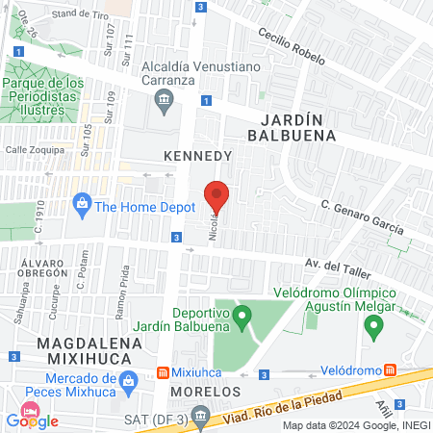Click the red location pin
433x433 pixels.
click(216, 195)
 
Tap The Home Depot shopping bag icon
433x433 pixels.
click(83, 205)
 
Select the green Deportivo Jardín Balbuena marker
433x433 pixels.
click(242, 314)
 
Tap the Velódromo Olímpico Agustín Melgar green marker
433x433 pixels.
click(372, 328)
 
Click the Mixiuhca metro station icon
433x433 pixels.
click(164, 371)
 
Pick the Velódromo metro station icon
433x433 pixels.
click(390, 369)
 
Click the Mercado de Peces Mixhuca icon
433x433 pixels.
click(124, 390)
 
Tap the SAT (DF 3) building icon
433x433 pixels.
click(199, 416)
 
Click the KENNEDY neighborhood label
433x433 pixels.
click(198, 155)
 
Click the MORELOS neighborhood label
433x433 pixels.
click(204, 393)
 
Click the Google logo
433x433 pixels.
click(33, 420)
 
